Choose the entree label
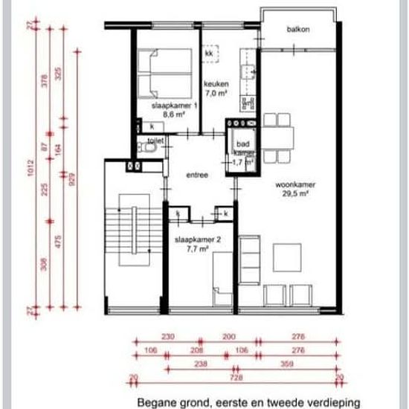[x=197, y=175]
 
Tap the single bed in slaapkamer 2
[x=222, y=279]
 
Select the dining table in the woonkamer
[x=277, y=138]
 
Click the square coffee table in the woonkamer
[x=287, y=257]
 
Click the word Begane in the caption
[x=155, y=401]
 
